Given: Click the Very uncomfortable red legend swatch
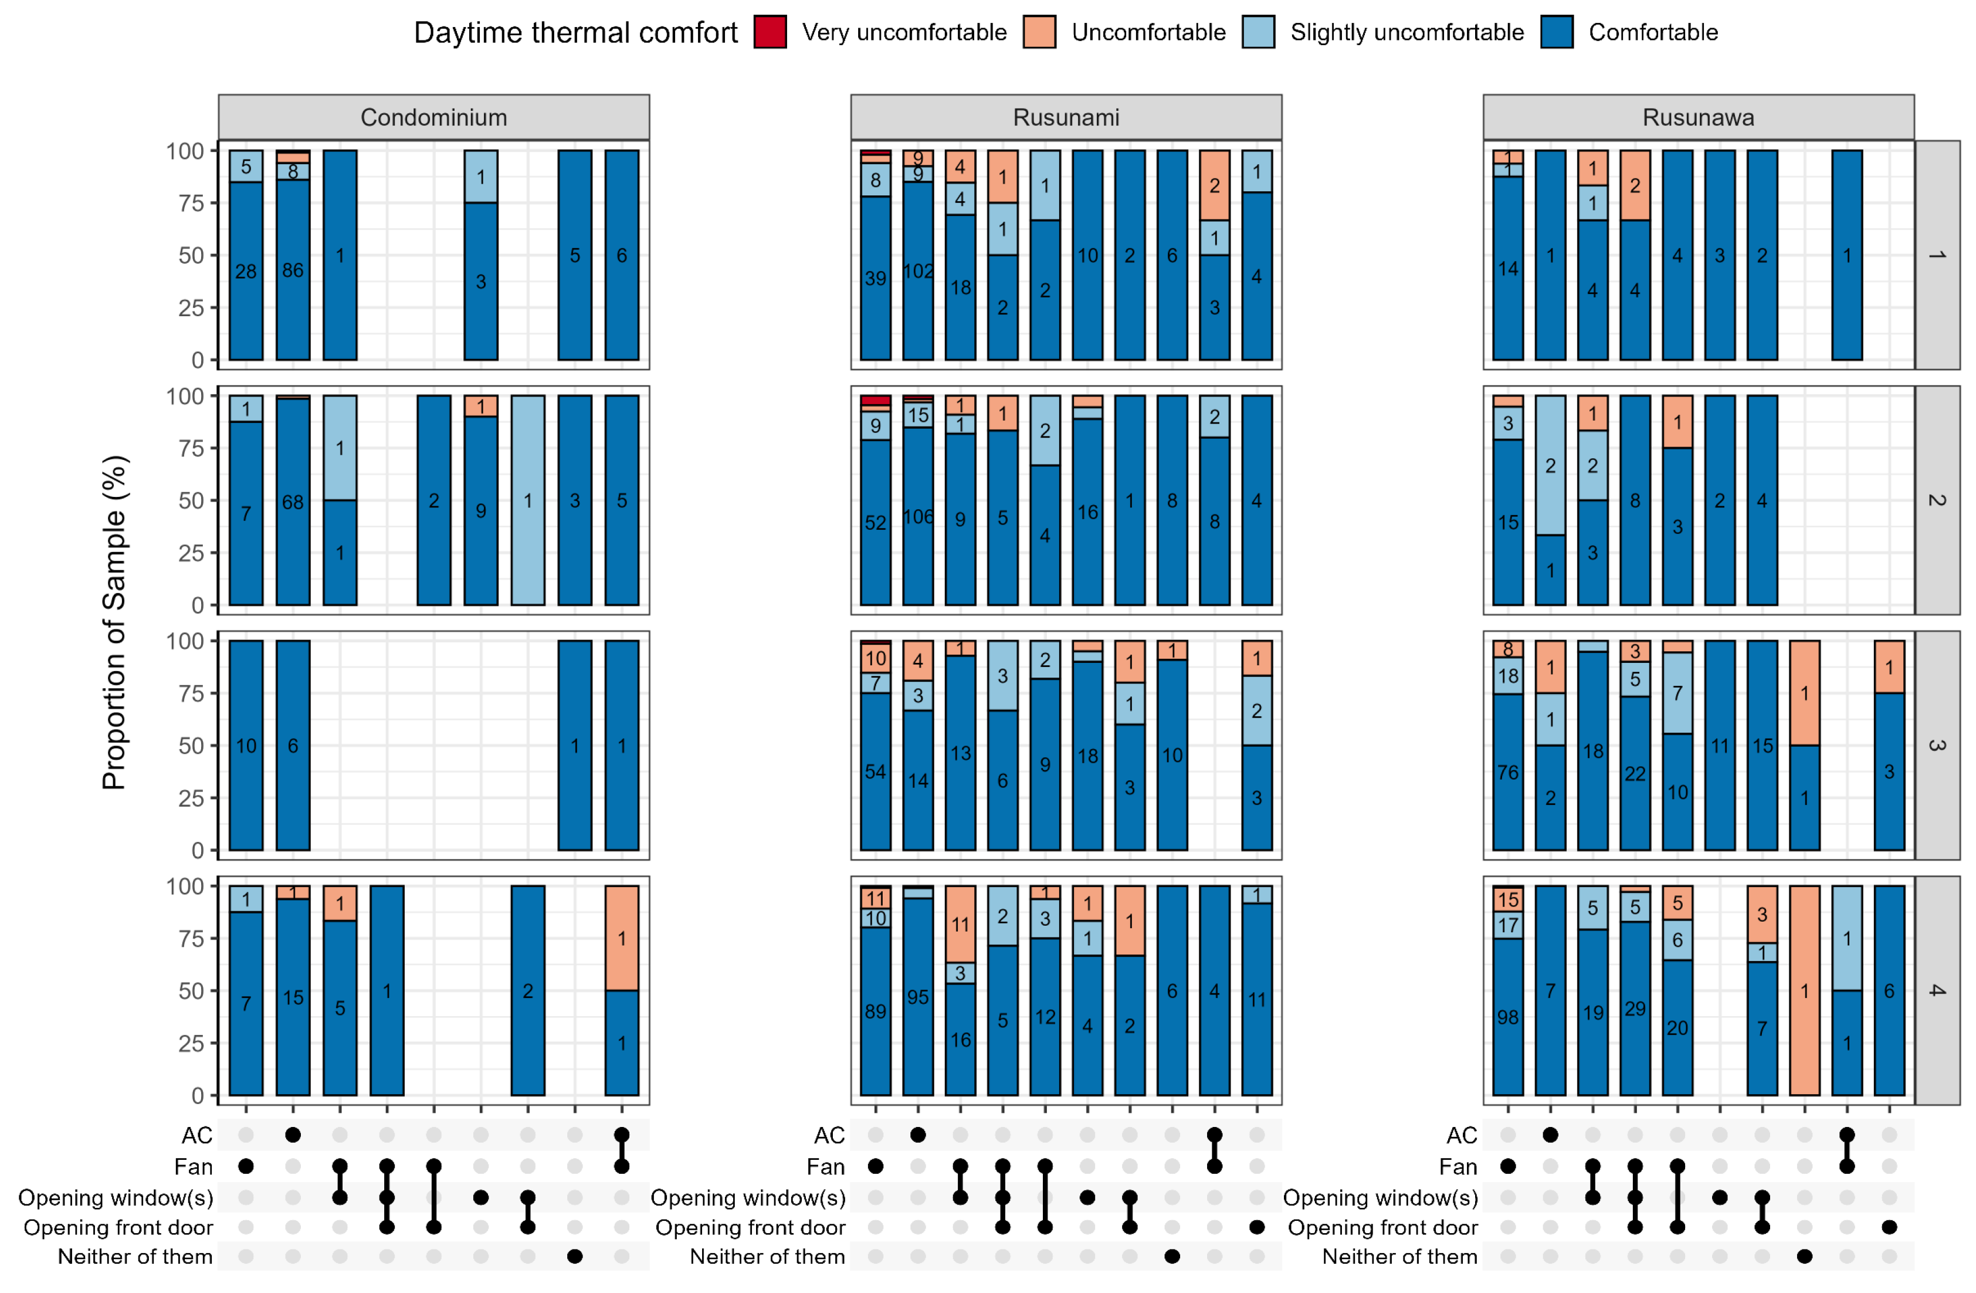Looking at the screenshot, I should click(770, 32).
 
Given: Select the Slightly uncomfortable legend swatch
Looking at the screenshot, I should click(1258, 32).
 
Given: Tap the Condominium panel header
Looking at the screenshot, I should click(433, 117).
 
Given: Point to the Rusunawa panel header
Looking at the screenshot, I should click(1698, 117).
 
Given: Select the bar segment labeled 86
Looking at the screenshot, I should click(293, 270).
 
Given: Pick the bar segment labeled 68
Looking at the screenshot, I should click(293, 502).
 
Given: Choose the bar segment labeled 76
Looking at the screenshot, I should click(1508, 772).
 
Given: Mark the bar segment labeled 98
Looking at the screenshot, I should click(1508, 1017).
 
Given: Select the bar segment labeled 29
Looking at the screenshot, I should click(1635, 1008).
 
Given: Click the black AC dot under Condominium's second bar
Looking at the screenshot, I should click(293, 1135).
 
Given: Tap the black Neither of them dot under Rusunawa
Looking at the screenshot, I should click(1804, 1257).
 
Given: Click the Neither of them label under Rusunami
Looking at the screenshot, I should click(767, 1257).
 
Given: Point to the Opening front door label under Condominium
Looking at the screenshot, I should click(118, 1227).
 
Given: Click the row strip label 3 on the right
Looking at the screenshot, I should click(1936, 745).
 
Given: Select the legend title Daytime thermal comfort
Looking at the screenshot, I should click(575, 32).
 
